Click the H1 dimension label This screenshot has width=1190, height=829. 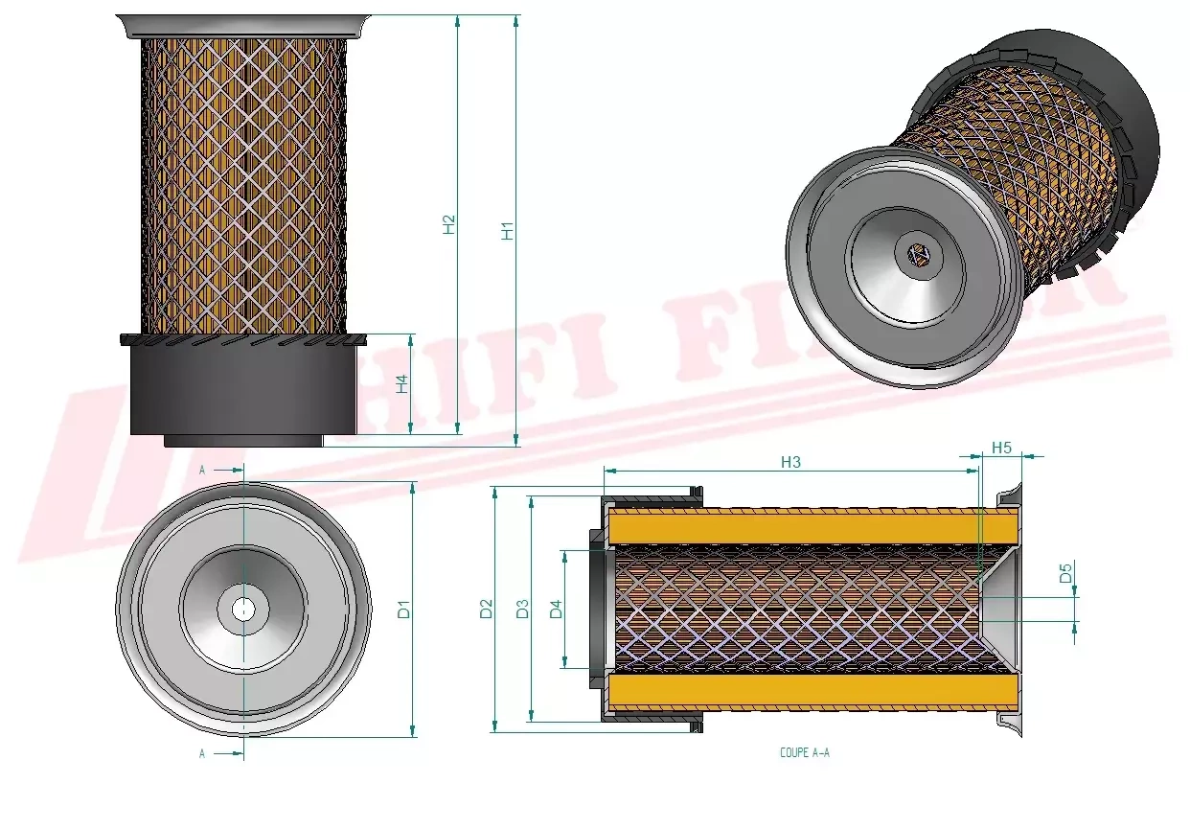pyautogui.click(x=508, y=230)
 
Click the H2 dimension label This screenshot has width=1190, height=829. pyautogui.click(x=448, y=223)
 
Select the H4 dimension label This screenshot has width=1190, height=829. pyautogui.click(x=403, y=383)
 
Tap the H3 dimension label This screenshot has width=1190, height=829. pyautogui.click(x=790, y=462)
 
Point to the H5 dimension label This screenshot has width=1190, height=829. pyautogui.click(x=1001, y=448)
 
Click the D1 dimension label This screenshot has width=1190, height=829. pyautogui.click(x=403, y=609)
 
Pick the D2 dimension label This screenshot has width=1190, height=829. pyautogui.click(x=486, y=609)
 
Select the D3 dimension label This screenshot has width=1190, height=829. pyautogui.click(x=521, y=609)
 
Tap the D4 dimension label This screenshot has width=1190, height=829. pyautogui.click(x=556, y=609)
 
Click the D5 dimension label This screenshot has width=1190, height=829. pyautogui.click(x=1064, y=575)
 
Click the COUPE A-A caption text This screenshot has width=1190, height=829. pyautogui.click(x=805, y=753)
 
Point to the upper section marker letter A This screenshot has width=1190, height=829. pyautogui.click(x=202, y=471)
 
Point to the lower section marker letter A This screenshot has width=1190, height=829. pyautogui.click(x=202, y=754)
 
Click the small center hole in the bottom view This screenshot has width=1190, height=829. pyautogui.click(x=243, y=608)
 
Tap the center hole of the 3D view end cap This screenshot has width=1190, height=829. pyautogui.click(x=918, y=255)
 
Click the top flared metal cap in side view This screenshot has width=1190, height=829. pyautogui.click(x=243, y=26)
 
